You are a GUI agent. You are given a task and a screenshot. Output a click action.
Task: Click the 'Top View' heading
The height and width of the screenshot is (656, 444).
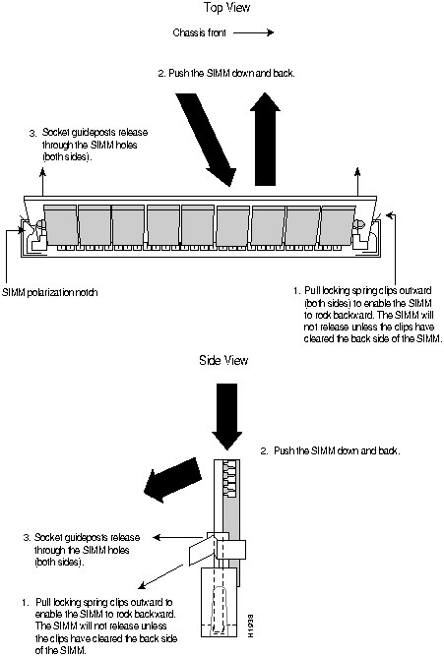pyautogui.click(x=226, y=8)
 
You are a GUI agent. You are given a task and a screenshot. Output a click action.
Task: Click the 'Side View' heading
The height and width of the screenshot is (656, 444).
pyautogui.click(x=223, y=360)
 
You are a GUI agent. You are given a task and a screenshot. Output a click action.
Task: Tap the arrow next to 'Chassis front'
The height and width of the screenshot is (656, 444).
pyautogui.click(x=253, y=32)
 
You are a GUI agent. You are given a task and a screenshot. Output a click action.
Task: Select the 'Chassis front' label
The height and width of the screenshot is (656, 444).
pyautogui.click(x=200, y=32)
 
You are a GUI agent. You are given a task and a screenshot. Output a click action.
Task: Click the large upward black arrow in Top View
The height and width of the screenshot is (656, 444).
pyautogui.click(x=265, y=139)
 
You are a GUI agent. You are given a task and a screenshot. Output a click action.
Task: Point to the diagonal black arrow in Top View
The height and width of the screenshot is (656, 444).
pyautogui.click(x=205, y=140)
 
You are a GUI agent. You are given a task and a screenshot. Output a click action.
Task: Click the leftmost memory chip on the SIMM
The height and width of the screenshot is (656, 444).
pyautogui.click(x=60, y=224)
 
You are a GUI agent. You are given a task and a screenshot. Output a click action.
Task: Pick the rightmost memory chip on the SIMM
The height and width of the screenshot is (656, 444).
pyautogui.click(x=338, y=224)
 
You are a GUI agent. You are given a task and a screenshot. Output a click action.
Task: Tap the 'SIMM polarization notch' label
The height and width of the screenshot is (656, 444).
pyautogui.click(x=50, y=292)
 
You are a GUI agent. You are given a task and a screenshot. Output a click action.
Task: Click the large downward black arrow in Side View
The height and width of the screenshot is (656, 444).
pyautogui.click(x=227, y=417)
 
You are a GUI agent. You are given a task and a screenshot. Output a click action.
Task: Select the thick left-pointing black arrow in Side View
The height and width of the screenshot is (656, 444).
pyautogui.click(x=171, y=480)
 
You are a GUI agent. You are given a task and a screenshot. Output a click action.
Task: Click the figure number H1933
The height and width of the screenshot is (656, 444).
pyautogui.click(x=250, y=626)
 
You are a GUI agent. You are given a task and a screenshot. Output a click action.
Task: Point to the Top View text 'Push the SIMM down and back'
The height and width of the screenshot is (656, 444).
pyautogui.click(x=226, y=73)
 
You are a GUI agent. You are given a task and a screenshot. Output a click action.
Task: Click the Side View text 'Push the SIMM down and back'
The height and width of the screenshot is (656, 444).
pyautogui.click(x=330, y=450)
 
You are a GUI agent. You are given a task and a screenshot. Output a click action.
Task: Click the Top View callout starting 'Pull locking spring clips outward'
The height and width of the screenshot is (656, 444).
pyautogui.click(x=367, y=315)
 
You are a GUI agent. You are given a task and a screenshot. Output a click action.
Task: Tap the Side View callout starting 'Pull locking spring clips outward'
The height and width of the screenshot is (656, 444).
pyautogui.click(x=99, y=626)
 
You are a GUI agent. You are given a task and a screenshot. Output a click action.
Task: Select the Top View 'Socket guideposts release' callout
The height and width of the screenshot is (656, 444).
pyautogui.click(x=89, y=145)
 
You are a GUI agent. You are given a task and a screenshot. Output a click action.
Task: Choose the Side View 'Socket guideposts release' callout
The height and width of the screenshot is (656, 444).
pyautogui.click(x=82, y=550)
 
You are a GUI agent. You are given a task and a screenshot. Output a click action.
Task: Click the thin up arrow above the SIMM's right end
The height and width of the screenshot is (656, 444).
pyautogui.click(x=357, y=181)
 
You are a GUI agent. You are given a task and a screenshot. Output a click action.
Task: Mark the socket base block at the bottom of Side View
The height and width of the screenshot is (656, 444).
pyautogui.click(x=220, y=602)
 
